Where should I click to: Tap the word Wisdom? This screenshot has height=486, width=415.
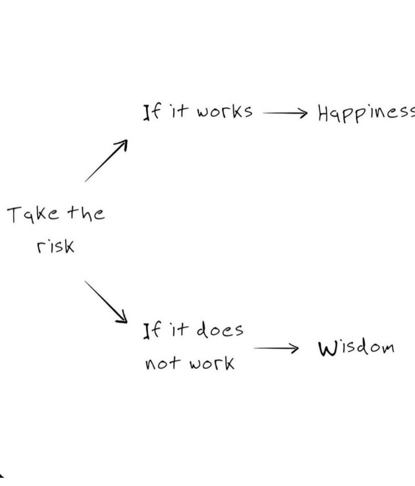(356, 348)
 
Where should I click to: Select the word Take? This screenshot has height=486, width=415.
(33, 215)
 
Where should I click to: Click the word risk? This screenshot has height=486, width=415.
(55, 246)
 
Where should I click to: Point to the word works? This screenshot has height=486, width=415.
(225, 111)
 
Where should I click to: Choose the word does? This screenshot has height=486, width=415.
(220, 330)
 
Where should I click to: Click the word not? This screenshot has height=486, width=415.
(163, 364)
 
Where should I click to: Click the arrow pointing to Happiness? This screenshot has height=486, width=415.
(285, 113)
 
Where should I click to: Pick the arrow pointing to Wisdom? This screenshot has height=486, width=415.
(276, 348)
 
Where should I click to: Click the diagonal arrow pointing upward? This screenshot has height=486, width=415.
(106, 161)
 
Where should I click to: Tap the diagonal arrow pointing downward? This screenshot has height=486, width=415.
(106, 302)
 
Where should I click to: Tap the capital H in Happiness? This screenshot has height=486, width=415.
(324, 113)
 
